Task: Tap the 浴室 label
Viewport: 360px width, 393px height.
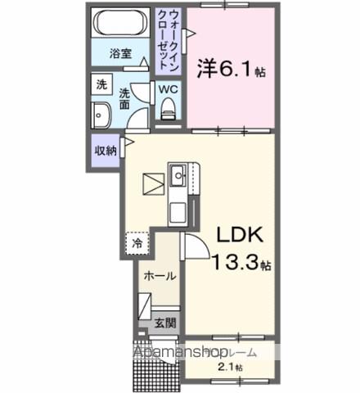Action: (122, 55)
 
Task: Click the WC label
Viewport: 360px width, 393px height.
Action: (169, 89)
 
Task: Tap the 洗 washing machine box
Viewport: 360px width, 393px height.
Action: (101, 84)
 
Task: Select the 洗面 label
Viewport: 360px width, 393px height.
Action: (124, 98)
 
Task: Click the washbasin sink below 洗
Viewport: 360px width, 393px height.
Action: (103, 114)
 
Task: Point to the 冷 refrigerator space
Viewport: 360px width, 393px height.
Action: (137, 243)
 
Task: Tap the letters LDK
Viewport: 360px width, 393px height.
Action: (239, 236)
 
